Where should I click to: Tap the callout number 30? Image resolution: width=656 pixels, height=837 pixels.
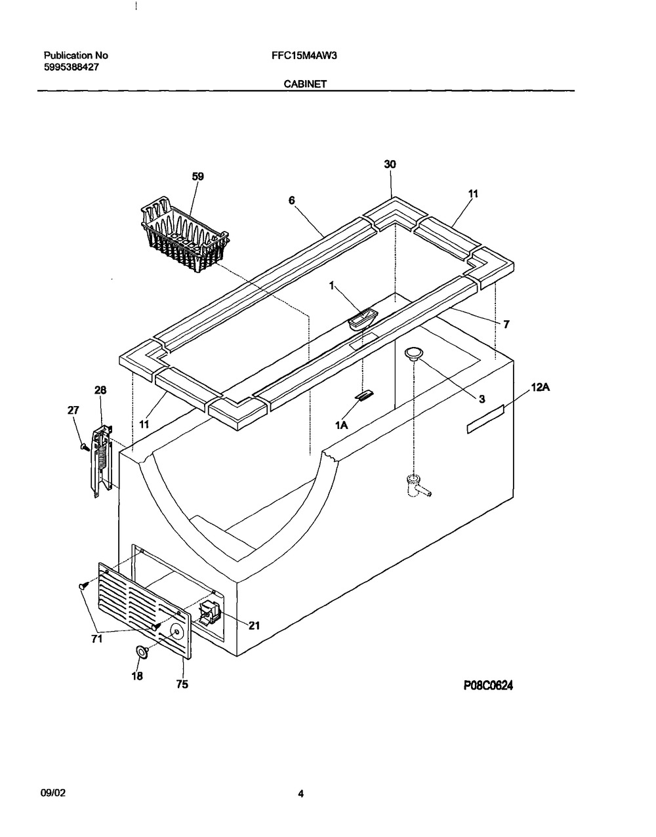pyautogui.click(x=390, y=165)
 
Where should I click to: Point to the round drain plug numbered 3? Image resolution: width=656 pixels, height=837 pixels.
pyautogui.click(x=413, y=354)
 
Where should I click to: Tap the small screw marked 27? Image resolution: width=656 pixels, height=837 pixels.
pyautogui.click(x=83, y=445)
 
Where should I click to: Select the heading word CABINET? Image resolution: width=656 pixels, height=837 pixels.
pyautogui.click(x=306, y=84)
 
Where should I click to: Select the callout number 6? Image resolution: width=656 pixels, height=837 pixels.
pyautogui.click(x=291, y=201)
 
